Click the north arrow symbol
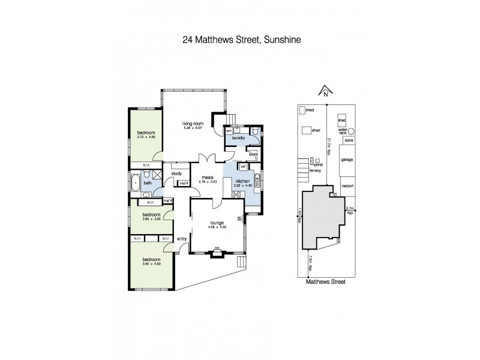point(323,91)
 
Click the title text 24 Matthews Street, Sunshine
point(240,41)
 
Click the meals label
point(208,177)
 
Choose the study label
point(176,174)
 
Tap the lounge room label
point(217,223)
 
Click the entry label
point(182,239)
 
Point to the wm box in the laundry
point(229,130)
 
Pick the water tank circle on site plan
point(352,130)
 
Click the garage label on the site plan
point(347,161)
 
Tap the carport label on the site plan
point(347,186)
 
